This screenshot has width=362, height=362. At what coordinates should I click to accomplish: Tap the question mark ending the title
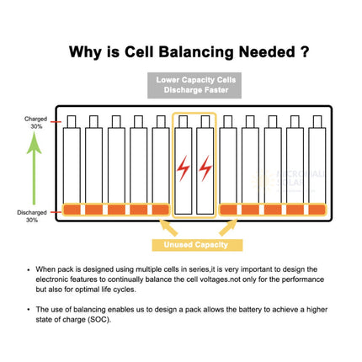(x=304, y=51)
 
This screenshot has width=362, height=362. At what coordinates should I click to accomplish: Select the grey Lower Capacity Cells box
(x=194, y=85)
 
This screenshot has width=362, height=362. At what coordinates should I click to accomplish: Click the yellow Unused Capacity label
(x=197, y=245)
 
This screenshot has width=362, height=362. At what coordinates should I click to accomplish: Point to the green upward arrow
(x=34, y=168)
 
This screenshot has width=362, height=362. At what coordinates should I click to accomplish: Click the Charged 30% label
(x=35, y=123)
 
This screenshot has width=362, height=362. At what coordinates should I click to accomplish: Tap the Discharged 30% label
(x=32, y=216)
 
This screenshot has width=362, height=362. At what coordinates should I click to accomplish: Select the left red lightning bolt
(x=183, y=168)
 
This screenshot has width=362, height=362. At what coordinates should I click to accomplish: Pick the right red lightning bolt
(x=205, y=168)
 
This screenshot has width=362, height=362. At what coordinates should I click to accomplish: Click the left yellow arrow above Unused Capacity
(x=168, y=227)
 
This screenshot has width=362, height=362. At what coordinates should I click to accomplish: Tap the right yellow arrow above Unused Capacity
(x=228, y=227)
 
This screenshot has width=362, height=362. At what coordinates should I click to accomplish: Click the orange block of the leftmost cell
(x=72, y=210)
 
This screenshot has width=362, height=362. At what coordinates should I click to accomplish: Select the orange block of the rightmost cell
(x=317, y=210)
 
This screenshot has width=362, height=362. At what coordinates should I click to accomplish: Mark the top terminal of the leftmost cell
(x=72, y=121)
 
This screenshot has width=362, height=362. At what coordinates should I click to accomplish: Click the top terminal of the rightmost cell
(x=317, y=121)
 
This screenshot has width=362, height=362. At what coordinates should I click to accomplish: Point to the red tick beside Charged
(x=56, y=122)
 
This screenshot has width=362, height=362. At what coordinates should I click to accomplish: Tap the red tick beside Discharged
(x=56, y=212)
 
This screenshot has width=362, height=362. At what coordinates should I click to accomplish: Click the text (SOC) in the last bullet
(x=99, y=320)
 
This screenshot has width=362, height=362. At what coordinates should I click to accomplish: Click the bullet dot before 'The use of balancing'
(x=29, y=310)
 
